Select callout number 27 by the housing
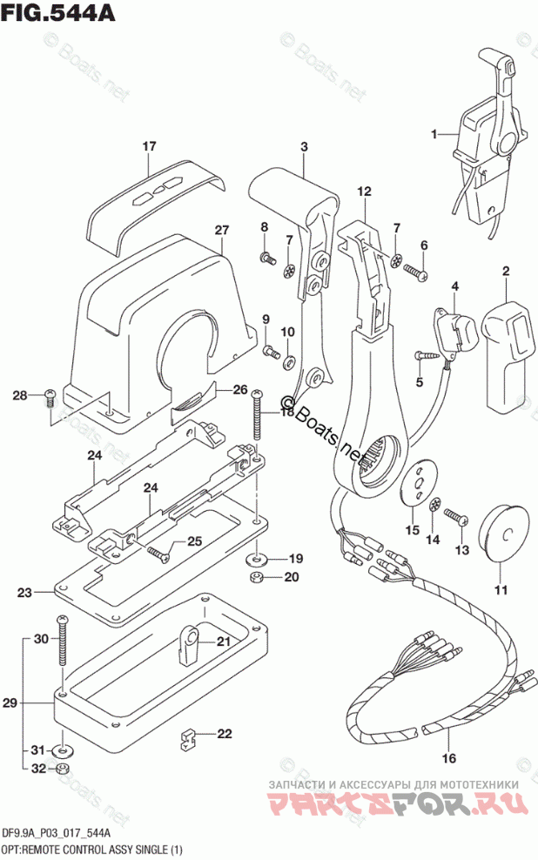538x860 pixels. pyautogui.click(x=221, y=230)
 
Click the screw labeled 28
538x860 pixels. pyautogui.click(x=50, y=396)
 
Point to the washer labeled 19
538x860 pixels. pyautogui.click(x=258, y=557)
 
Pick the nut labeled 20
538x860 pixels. pyautogui.click(x=258, y=576)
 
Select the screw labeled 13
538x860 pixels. pyautogui.click(x=457, y=518)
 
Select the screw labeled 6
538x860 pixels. pyautogui.click(x=415, y=274)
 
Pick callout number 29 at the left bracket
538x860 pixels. pyautogui.click(x=10, y=702)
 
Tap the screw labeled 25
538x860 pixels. pyautogui.click(x=157, y=551)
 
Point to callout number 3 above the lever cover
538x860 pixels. pyautogui.click(x=305, y=147)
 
